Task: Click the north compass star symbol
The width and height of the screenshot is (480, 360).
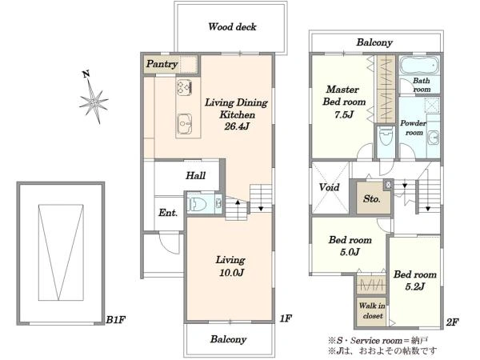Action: click(94, 101)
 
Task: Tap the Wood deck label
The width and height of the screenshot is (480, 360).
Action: click(232, 27)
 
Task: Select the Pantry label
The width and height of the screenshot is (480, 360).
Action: click(162, 64)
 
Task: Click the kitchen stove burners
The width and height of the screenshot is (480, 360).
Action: click(184, 86)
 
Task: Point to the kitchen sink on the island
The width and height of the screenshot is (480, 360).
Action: click(185, 124)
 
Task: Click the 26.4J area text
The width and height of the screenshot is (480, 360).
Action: click(237, 126)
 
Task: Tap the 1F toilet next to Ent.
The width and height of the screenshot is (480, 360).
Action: click(196, 204)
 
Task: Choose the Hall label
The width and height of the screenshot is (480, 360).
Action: click(195, 175)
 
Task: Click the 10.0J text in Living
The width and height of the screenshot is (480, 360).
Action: click(231, 273)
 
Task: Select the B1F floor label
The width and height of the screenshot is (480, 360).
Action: click(115, 320)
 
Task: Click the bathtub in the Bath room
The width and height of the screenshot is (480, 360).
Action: click(419, 65)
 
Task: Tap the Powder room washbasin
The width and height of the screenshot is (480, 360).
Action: click(434, 138)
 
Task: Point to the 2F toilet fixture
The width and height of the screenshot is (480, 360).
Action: click(386, 137)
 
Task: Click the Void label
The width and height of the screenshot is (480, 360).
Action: click(329, 187)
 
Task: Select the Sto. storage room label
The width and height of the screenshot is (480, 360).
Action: click(372, 199)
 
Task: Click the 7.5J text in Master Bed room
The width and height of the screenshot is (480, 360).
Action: click(344, 114)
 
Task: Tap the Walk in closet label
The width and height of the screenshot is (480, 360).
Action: click(372, 310)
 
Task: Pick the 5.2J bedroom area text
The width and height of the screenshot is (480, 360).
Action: click(414, 286)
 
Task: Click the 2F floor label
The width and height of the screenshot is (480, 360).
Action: click(452, 322)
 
